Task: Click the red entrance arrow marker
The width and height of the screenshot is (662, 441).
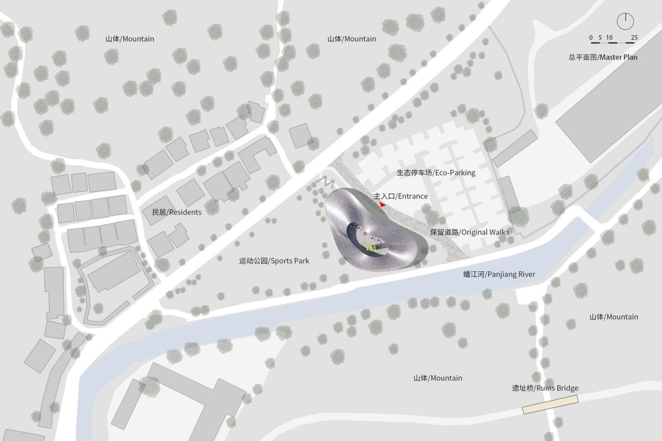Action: pos(383,205)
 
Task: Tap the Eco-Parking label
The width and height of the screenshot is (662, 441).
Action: pos(435,173)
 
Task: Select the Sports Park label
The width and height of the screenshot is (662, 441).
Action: pos(274,261)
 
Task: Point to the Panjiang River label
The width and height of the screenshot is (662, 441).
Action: pos(499,275)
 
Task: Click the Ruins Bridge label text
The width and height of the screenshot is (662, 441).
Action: pos(545,388)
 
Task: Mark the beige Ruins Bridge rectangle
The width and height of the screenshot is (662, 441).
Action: pos(550,404)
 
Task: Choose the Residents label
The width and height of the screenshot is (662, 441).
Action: pos(177,212)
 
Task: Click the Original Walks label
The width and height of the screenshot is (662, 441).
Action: pos(470,232)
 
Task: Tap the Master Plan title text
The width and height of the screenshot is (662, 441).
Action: pos(603,57)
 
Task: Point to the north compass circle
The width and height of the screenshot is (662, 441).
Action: pos(625,21)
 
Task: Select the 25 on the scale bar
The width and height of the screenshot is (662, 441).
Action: pos(634,37)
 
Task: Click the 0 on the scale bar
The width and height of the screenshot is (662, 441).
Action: pos(591,37)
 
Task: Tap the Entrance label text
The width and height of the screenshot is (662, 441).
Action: pos(401,196)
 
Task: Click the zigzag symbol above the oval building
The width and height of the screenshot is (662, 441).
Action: pos(327,182)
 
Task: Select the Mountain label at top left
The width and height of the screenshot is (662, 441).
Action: pos(130,39)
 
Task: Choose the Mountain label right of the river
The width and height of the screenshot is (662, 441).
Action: pos(614,317)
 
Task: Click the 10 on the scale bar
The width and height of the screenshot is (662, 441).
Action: pos(609,37)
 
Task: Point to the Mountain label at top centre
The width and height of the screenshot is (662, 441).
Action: pos(352,39)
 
